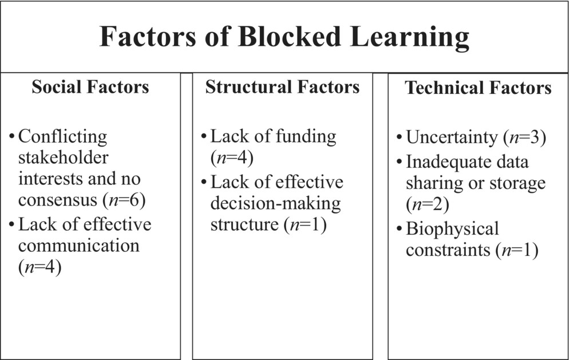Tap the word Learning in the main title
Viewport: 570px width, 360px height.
click(410, 38)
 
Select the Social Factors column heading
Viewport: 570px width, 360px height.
click(90, 87)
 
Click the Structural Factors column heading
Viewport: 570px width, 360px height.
click(283, 87)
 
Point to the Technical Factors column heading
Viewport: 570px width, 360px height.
click(478, 88)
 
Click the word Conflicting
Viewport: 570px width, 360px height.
click(62, 137)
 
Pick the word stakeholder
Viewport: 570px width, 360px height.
click(64, 157)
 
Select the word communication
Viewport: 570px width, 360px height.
click(79, 246)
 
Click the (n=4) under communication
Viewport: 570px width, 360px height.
click(39, 267)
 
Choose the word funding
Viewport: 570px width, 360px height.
click(306, 137)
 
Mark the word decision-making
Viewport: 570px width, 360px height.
click(275, 204)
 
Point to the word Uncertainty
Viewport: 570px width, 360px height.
click(452, 138)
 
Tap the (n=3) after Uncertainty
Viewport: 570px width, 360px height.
click(525, 138)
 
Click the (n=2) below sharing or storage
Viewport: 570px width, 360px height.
click(427, 204)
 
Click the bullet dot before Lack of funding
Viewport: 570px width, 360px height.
click(204, 137)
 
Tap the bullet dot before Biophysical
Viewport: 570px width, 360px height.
click(399, 229)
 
